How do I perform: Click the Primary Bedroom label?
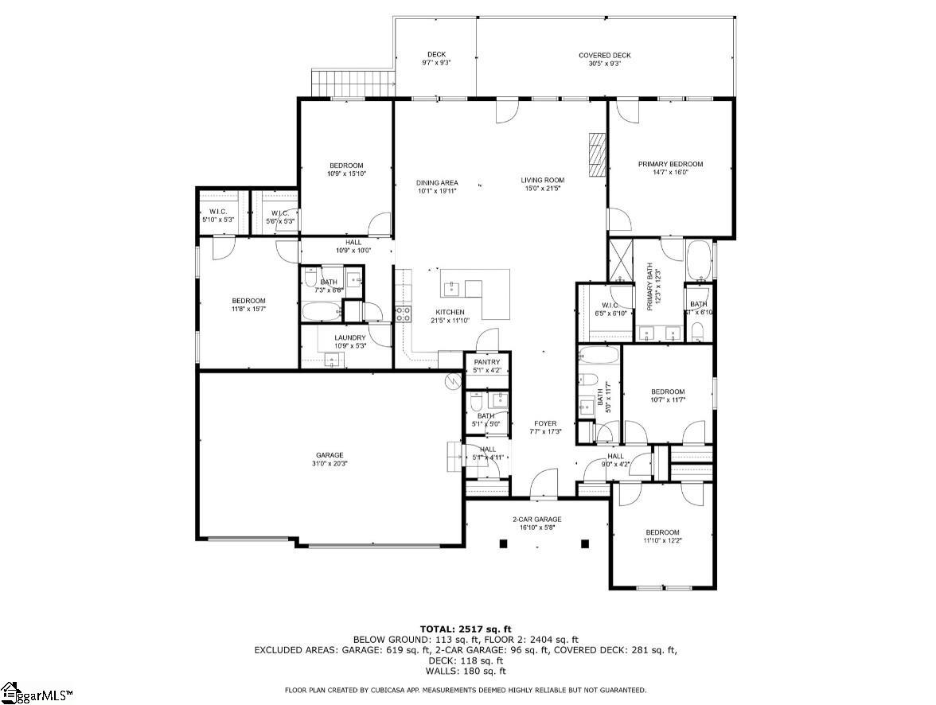pos(670,165)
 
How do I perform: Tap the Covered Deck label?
pos(604,55)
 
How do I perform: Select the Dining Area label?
pos(437,182)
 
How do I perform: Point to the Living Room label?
pos(543,180)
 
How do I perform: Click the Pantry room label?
pos(486,362)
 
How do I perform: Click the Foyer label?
pos(545,423)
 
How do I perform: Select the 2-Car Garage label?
pos(536,520)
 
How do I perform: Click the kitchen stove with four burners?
pos(404,313)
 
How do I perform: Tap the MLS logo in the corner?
pos(37,694)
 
